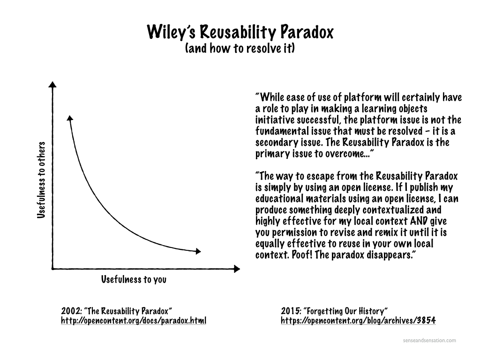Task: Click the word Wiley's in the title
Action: (x=171, y=32)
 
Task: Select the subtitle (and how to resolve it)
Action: (x=240, y=48)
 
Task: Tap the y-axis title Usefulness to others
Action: (x=41, y=180)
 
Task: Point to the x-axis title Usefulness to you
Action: (x=134, y=279)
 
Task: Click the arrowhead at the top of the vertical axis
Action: (x=52, y=84)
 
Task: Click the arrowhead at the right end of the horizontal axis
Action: (x=237, y=269)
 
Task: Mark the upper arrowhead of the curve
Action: (x=70, y=118)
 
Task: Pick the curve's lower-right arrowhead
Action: (x=198, y=251)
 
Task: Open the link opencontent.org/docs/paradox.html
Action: (x=134, y=321)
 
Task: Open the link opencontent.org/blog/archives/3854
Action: (x=358, y=321)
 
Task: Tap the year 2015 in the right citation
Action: (x=291, y=311)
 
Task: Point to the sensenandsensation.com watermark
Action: (x=429, y=340)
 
